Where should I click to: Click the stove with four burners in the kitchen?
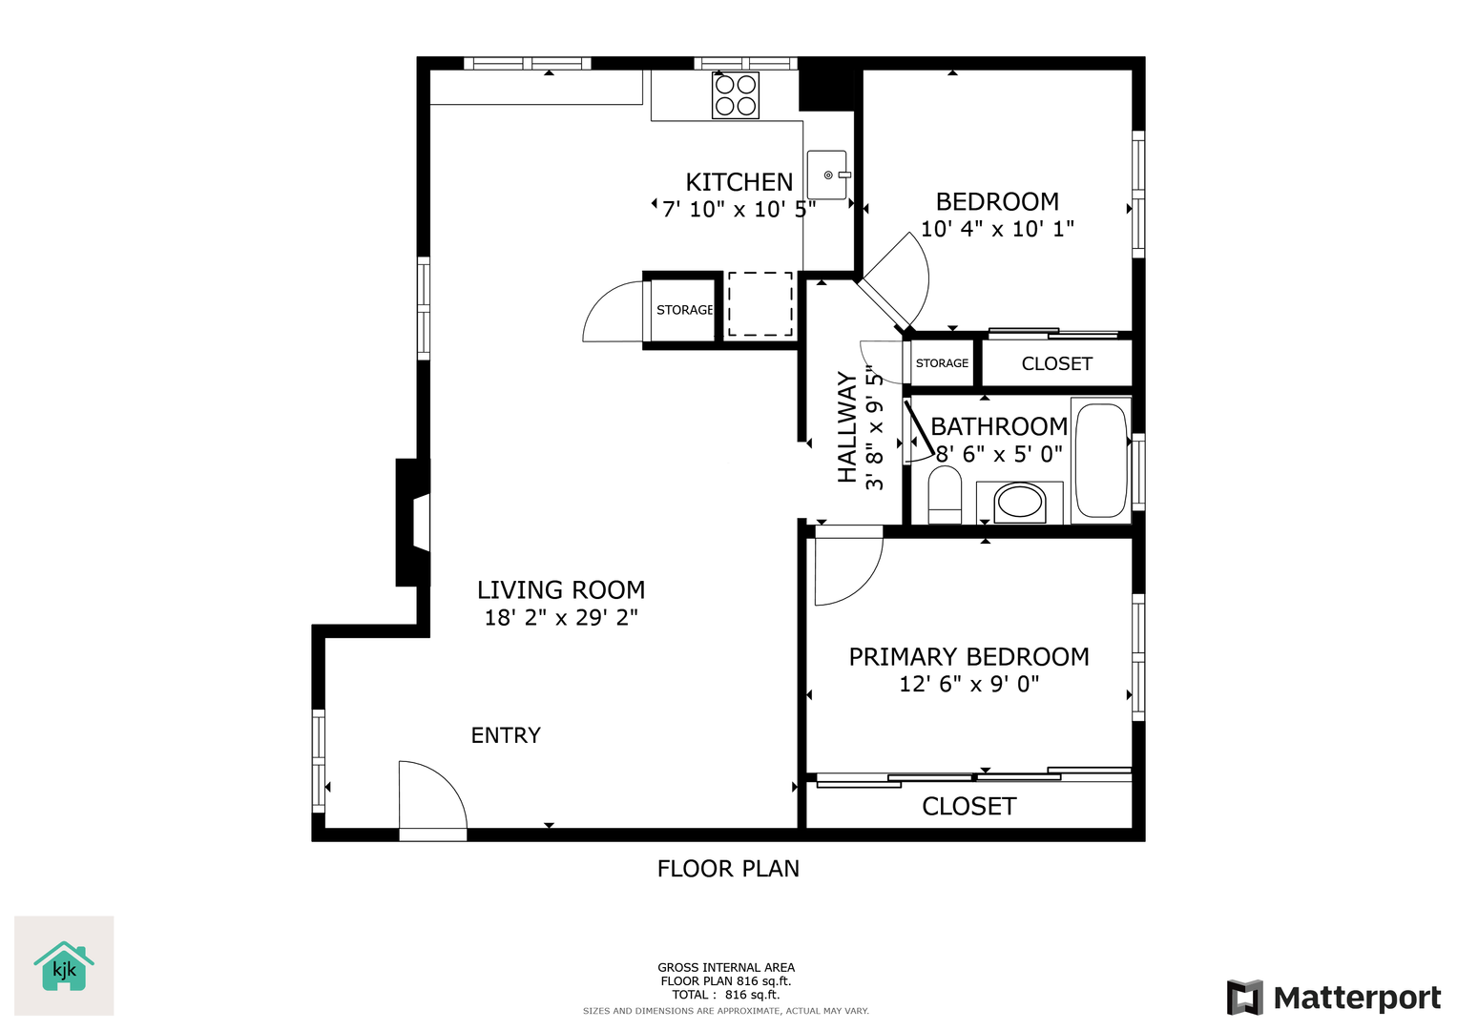[735, 95]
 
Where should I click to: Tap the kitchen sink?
[827, 175]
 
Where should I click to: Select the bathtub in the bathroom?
[1101, 461]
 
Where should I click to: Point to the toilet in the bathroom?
[945, 495]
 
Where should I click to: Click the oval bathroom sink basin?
[1019, 503]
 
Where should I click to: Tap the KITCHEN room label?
[739, 182]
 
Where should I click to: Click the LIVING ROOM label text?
[561, 590]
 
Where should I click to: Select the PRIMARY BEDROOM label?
[969, 657]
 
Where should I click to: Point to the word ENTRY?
[506, 735]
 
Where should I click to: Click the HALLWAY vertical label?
[847, 427]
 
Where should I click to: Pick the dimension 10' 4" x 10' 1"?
[998, 229]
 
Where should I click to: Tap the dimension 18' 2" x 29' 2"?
[561, 617]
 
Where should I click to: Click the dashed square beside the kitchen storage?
[760, 304]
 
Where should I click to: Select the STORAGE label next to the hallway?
[942, 363]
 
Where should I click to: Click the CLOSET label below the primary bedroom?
[969, 807]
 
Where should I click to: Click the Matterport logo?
[1333, 998]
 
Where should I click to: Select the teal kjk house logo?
[64, 966]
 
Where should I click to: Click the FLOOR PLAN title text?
[729, 869]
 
